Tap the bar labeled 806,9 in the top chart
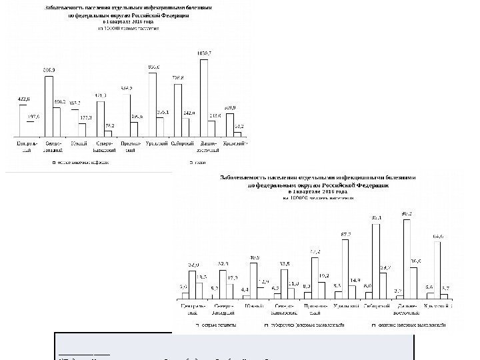pyautogui.click(x=49, y=107)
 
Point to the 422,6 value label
pyautogui.click(x=23, y=99)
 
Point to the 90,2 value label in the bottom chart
pyautogui.click(x=406, y=213)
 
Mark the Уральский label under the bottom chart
pyautogui.click(x=345, y=306)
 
